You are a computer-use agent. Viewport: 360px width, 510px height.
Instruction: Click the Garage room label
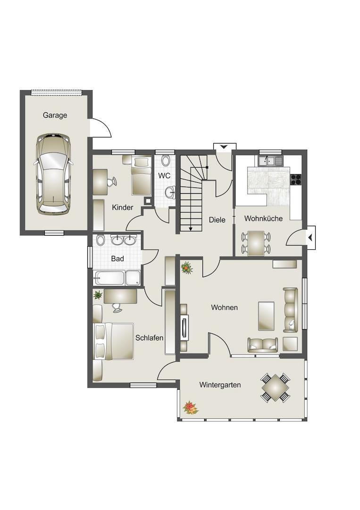pyautogui.click(x=55, y=115)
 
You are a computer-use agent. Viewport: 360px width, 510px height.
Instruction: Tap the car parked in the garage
pyautogui.click(x=53, y=174)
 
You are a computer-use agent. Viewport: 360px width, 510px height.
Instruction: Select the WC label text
pyautogui.click(x=164, y=176)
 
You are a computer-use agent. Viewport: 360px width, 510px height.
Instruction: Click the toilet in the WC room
pyautogui.click(x=166, y=161)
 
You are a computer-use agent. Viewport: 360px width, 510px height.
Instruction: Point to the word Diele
pyautogui.click(x=217, y=220)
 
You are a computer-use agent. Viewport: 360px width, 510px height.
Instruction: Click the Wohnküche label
pyautogui.click(x=263, y=219)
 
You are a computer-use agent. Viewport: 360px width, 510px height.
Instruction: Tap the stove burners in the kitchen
pyautogui.click(x=296, y=179)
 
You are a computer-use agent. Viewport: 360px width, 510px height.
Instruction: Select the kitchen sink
pyautogui.click(x=270, y=161)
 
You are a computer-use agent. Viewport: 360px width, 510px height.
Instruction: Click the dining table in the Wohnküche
pyautogui.click(x=256, y=243)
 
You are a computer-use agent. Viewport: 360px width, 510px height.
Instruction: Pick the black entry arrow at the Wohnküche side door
pyautogui.click(x=311, y=238)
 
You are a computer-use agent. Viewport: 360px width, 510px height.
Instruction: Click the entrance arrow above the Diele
pyautogui.click(x=224, y=147)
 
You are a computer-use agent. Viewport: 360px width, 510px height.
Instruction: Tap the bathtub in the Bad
pyautogui.click(x=109, y=278)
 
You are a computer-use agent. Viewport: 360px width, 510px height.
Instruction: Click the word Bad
pyautogui.click(x=117, y=259)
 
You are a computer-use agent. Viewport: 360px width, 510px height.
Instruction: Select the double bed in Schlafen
pyautogui.click(x=113, y=341)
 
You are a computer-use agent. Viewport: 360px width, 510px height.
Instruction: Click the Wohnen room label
pyautogui.click(x=224, y=307)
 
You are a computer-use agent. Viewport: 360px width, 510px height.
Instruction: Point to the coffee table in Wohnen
pyautogui.click(x=266, y=316)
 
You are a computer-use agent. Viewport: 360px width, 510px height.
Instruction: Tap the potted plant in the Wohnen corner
pyautogui.click(x=186, y=268)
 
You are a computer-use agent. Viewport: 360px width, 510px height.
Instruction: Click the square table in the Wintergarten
pyautogui.click(x=275, y=388)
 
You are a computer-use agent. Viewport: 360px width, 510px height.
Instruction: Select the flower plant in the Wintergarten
pyautogui.click(x=190, y=408)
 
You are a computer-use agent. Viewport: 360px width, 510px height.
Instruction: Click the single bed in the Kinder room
pyautogui.click(x=142, y=176)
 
